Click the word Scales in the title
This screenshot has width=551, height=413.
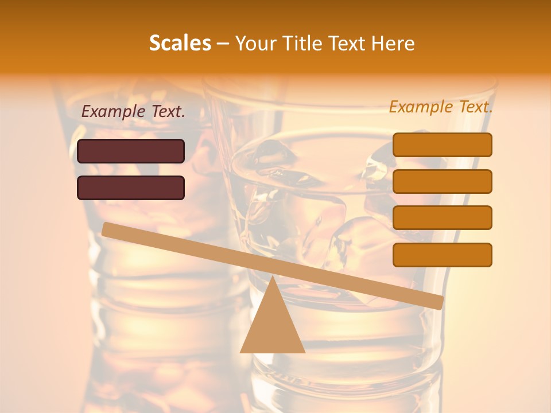(x=180, y=43)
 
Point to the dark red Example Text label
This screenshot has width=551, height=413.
(x=133, y=111)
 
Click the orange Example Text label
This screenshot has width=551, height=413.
(x=441, y=107)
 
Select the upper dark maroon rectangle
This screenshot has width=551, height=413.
(x=131, y=151)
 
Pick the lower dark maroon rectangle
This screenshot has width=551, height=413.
(x=131, y=188)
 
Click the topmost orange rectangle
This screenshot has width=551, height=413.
(x=443, y=145)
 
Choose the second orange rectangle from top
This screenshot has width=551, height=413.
(x=443, y=181)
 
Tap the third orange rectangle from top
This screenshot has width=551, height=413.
(x=443, y=218)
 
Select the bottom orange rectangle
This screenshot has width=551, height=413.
(x=443, y=255)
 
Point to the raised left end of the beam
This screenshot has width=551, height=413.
(x=107, y=229)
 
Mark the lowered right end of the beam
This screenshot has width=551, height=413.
(x=439, y=302)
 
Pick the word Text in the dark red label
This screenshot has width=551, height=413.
(x=169, y=111)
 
